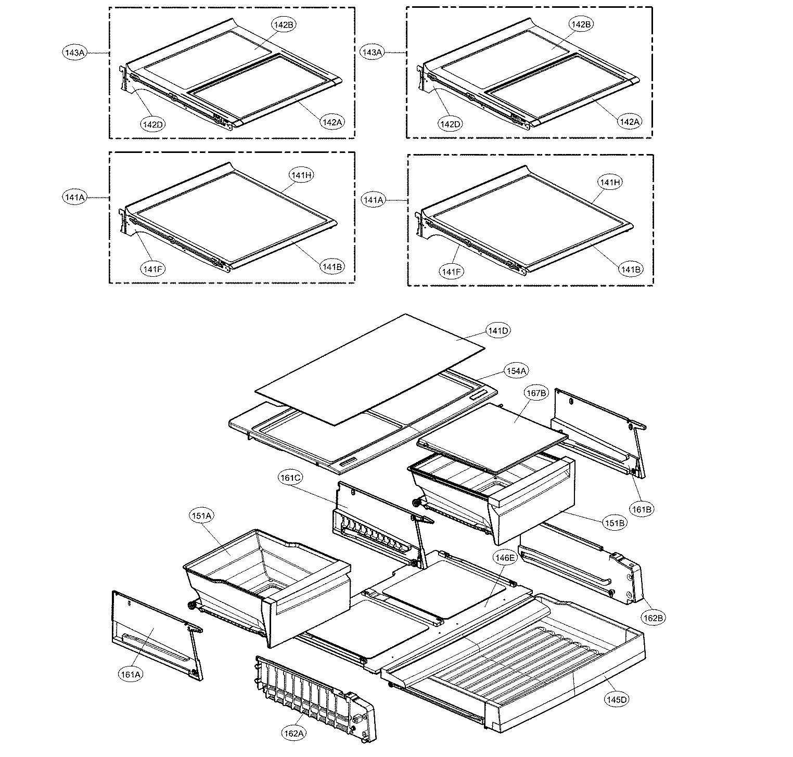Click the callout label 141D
coord(498,330)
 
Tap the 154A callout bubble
coord(516,370)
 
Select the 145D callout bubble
coord(616,699)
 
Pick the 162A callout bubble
coord(293,734)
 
